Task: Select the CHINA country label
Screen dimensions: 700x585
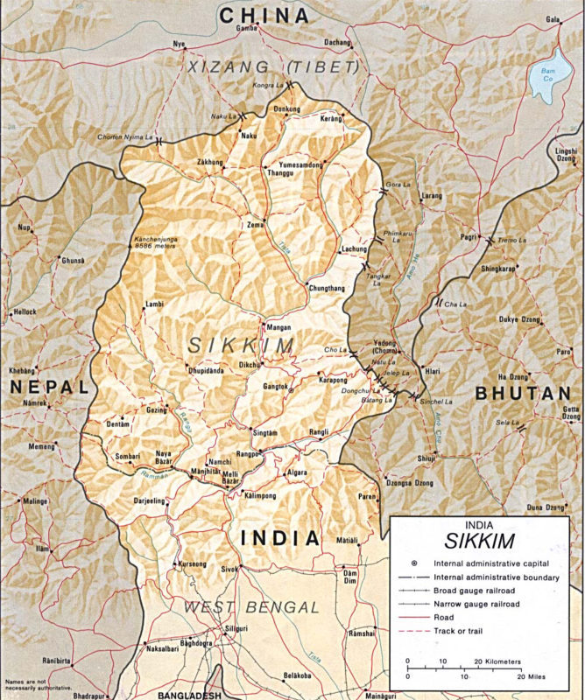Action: (x=264, y=15)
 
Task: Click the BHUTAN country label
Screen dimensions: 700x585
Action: (x=522, y=395)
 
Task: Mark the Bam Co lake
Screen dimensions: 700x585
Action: (x=547, y=82)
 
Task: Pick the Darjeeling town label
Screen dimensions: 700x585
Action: (x=148, y=501)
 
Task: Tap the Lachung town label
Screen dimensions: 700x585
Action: (x=353, y=248)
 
